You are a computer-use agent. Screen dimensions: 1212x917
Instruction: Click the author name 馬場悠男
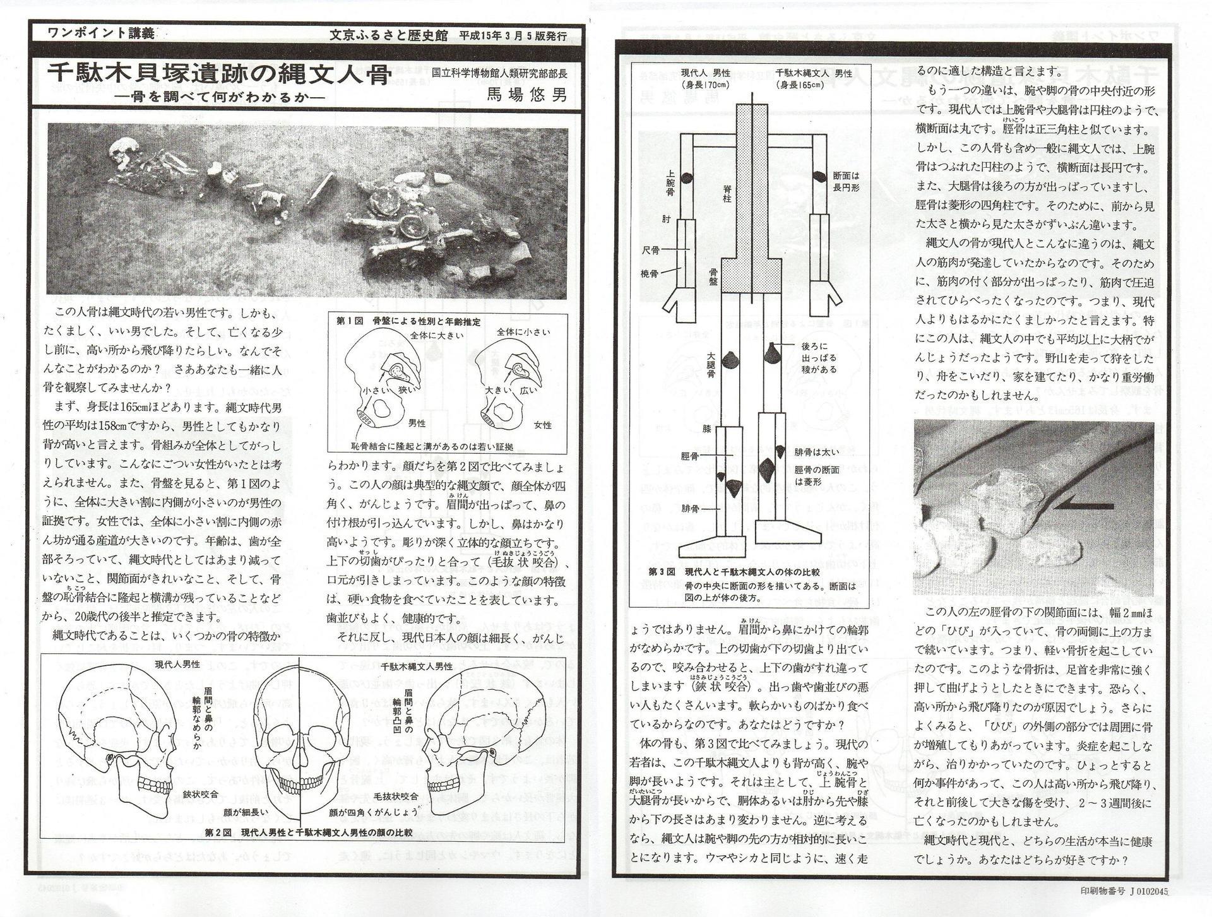[526, 95]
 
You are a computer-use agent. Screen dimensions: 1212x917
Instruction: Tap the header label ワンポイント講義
[100, 34]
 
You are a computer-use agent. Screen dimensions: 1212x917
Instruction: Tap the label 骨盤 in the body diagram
[714, 276]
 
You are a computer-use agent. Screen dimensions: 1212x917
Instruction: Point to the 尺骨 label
[650, 251]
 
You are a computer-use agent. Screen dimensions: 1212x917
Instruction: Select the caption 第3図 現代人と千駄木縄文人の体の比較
[734, 572]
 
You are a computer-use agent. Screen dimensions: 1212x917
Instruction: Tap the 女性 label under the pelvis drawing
[542, 424]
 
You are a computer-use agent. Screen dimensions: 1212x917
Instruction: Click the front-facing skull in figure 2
[300, 745]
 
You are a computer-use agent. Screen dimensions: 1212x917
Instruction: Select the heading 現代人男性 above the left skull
[177, 664]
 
